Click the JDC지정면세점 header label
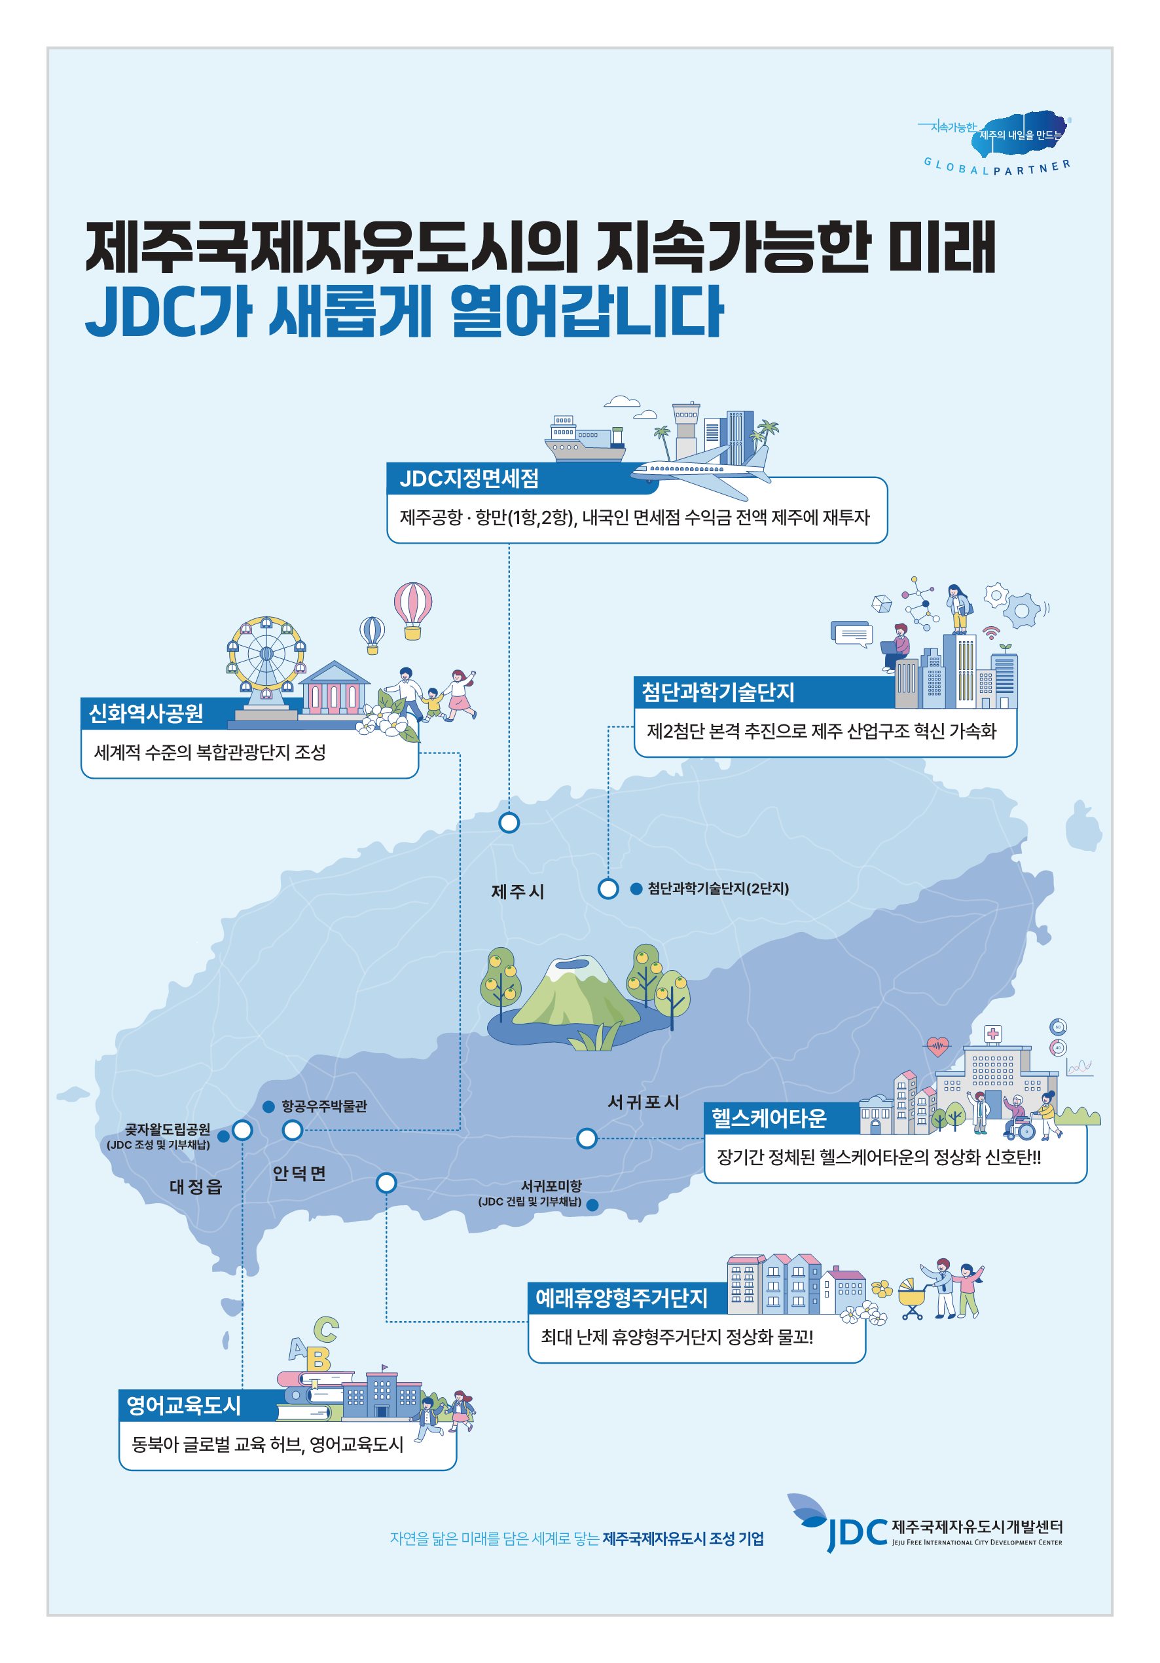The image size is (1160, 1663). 469,479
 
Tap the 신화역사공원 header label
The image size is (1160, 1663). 146,714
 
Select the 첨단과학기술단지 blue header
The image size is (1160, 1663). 717,692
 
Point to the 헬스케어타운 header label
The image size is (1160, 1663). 769,1118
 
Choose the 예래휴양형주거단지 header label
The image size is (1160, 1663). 621,1298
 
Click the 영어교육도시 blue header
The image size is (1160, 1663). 183,1405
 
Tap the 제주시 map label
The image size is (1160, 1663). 517,891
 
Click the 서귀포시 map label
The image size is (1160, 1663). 643,1102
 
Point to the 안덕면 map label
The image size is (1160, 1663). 299,1173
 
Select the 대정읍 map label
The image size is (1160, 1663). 196,1186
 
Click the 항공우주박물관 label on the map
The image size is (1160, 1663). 323,1106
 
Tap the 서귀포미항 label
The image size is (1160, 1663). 551,1186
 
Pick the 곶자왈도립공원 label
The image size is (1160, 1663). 168,1129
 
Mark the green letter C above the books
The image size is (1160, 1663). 326,1328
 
